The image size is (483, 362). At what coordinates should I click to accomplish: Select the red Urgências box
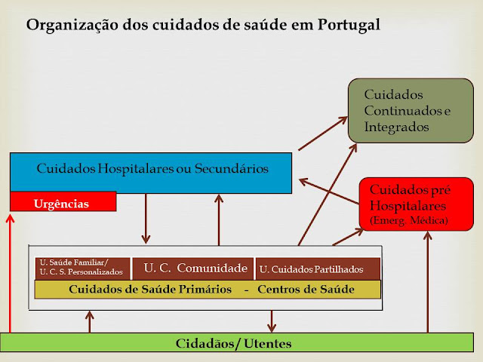(62, 203)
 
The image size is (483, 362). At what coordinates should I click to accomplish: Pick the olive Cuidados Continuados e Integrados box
(410, 110)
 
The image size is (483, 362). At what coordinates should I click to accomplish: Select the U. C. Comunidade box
(194, 268)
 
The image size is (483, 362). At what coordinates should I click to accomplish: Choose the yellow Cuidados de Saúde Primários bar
(208, 290)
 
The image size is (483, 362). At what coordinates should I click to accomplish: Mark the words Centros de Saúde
(305, 290)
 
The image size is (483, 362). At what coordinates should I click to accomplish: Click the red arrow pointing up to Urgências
(10, 271)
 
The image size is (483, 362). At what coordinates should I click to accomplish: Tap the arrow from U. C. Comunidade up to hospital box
(219, 219)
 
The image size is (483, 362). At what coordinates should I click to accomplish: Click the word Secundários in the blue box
(233, 168)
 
